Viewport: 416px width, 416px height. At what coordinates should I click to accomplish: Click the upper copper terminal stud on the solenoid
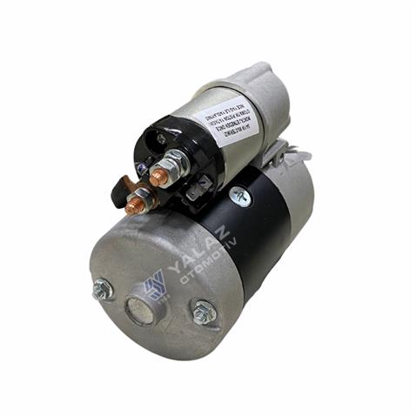[x=158, y=178]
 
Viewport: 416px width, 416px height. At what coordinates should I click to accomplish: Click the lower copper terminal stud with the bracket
[x=134, y=206]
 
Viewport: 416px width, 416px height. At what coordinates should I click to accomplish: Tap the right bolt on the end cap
[x=204, y=311]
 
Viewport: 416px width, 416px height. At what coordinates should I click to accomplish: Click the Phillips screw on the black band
[x=240, y=198]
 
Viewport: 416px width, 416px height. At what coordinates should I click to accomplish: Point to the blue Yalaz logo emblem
[x=156, y=285]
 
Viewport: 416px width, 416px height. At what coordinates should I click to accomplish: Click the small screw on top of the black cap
[x=162, y=138]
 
